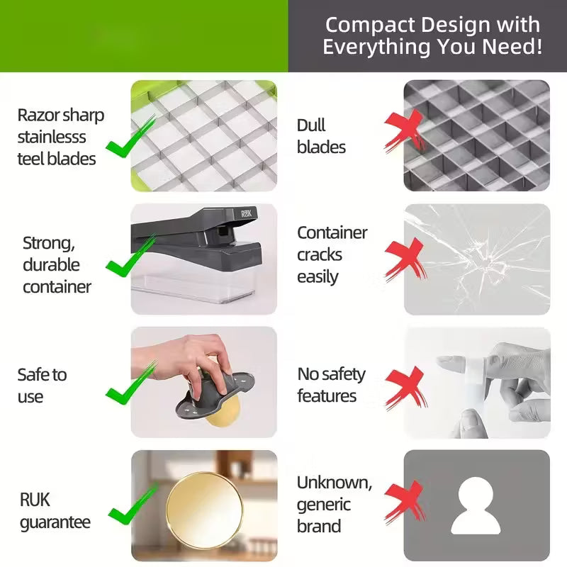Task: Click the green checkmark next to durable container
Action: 131,256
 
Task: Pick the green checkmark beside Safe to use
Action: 131,383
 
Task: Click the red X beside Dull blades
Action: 405,131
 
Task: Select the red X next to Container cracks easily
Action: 405,259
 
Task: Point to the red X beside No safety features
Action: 406,388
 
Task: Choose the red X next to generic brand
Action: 405,503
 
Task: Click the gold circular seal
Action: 205,510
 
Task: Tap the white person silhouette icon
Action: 476,505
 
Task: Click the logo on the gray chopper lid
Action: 249,213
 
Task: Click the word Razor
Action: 38,116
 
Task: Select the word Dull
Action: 311,125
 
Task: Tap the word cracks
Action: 320,255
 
